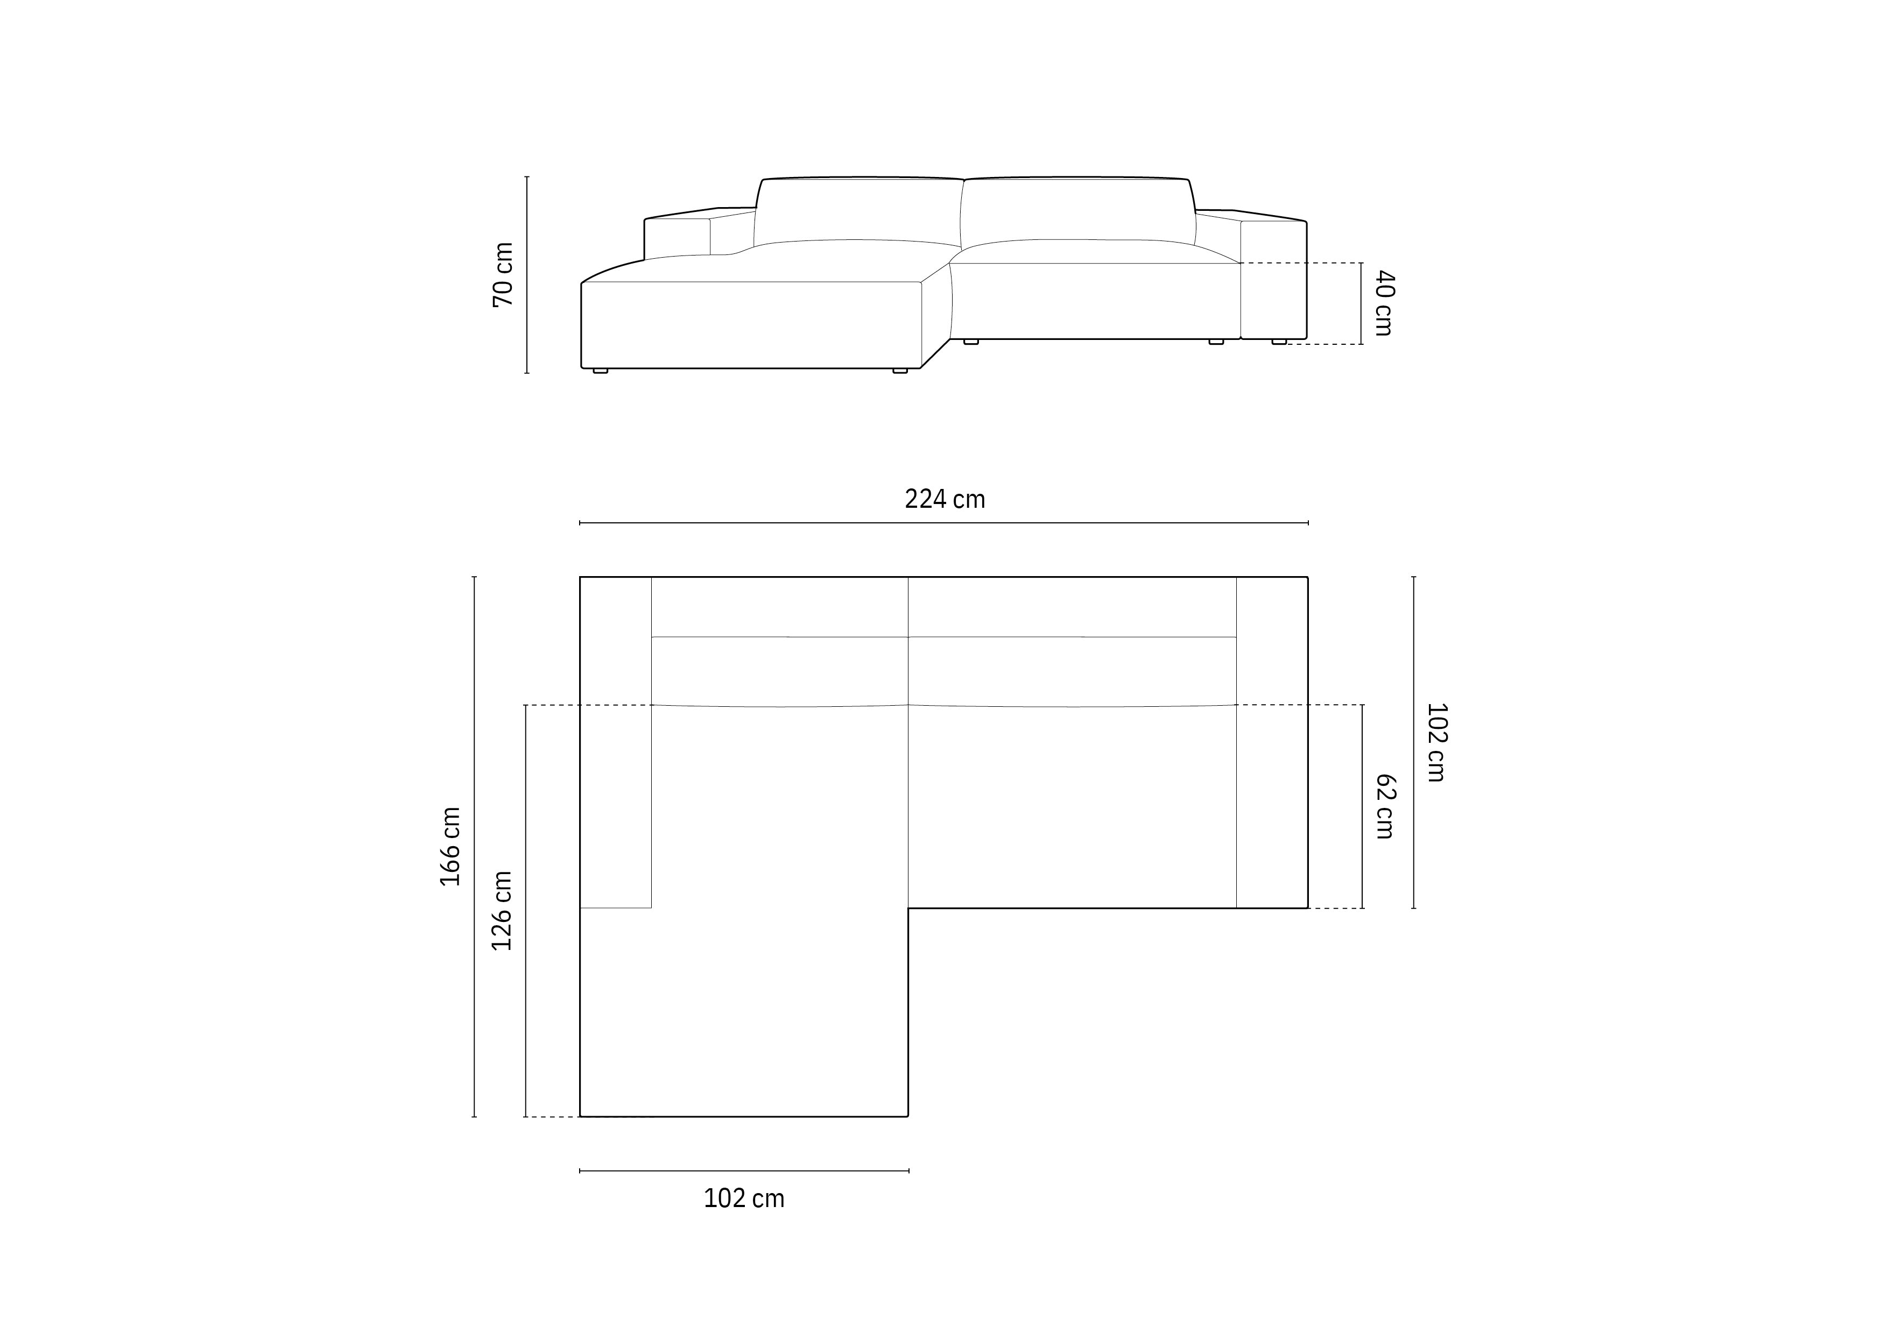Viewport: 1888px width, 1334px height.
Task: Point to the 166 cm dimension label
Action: coord(450,847)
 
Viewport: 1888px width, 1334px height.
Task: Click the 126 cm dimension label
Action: coord(502,911)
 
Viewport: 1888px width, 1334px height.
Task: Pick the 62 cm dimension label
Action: coord(1385,806)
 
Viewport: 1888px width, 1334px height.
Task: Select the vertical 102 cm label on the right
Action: coord(1436,742)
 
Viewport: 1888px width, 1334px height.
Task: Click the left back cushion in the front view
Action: coord(858,210)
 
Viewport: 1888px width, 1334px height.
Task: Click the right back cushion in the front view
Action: coord(1077,210)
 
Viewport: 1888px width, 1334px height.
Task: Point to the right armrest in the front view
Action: coord(1273,280)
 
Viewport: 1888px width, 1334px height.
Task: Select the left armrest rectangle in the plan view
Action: coord(615,742)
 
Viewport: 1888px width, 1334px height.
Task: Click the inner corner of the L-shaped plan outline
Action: coord(908,908)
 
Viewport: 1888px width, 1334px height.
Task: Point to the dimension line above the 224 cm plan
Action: coord(944,523)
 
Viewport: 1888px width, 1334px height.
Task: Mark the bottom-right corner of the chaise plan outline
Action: coord(908,1116)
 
